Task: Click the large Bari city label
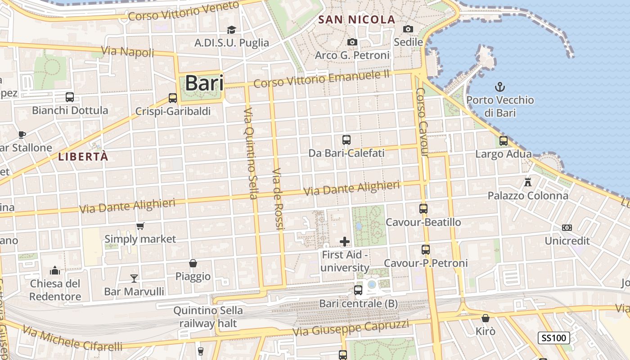point(204,83)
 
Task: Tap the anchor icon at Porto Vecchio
point(499,86)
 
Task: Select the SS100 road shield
point(553,338)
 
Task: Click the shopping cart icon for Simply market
point(140,226)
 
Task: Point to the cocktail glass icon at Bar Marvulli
point(134,278)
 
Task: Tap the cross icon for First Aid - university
point(345,242)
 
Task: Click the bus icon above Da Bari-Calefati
point(346,140)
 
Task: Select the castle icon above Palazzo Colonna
point(528,182)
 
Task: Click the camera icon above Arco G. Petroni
point(352,42)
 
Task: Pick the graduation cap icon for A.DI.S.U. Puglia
point(231,30)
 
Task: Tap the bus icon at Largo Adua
point(504,141)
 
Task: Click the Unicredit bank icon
point(567,228)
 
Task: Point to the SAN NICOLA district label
point(356,19)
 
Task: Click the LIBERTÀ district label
point(83,157)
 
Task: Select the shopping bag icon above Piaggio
point(193,263)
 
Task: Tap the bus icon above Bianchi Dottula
point(70,97)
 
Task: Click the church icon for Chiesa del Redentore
point(55,270)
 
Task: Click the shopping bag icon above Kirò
point(486,319)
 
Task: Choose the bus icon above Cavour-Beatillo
point(423,208)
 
